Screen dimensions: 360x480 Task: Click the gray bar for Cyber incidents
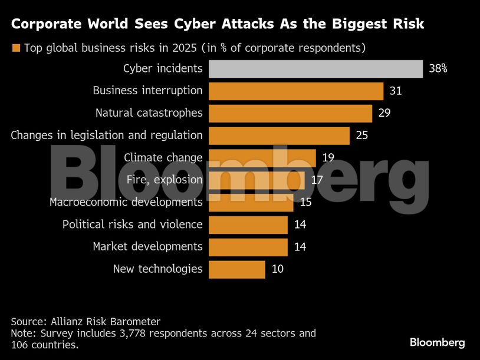coord(315,68)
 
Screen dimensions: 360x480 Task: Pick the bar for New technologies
coord(236,269)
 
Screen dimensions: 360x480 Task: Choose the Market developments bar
coord(248,247)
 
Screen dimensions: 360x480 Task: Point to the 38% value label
coord(438,68)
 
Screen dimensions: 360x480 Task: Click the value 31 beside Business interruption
coord(395,91)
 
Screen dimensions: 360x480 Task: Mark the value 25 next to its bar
coord(361,136)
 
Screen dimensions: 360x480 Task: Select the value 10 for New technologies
coord(277,269)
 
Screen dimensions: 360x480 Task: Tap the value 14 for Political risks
coord(300,224)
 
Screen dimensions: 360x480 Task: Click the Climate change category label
coord(163,157)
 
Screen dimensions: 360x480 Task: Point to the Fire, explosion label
coord(165,180)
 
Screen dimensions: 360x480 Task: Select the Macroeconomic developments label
coord(126,202)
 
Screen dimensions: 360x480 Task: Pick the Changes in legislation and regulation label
coord(107,136)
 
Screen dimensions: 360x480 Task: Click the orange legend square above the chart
coord(16,48)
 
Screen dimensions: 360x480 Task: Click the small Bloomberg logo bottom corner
coord(437,342)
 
